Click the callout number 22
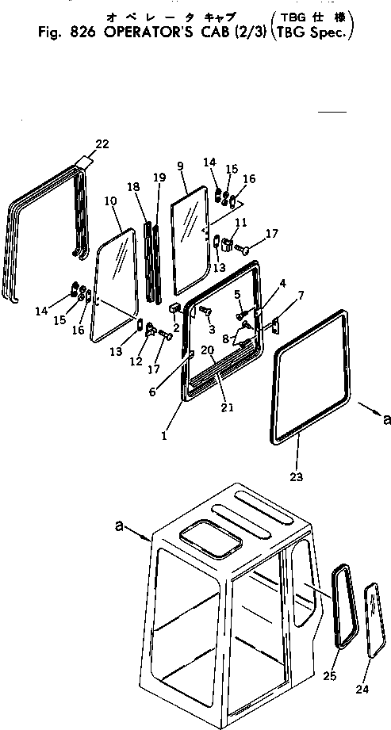click(x=102, y=143)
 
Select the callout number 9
click(x=181, y=166)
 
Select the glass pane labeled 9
click(x=190, y=242)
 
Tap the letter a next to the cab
click(x=120, y=525)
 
